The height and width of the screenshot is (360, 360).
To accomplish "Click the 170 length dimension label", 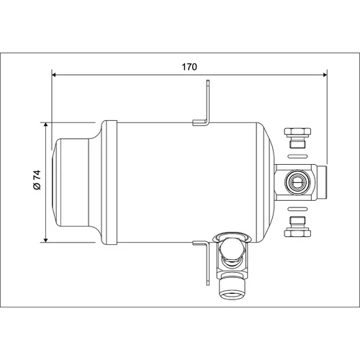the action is click(189, 67).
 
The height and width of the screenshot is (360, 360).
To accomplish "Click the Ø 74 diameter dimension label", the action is click(37, 180).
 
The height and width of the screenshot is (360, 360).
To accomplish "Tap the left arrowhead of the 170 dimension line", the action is click(54, 75).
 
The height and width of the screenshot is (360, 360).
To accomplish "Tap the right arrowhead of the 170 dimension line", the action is click(325, 75).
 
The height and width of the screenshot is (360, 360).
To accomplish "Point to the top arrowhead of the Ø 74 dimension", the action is click(45, 125).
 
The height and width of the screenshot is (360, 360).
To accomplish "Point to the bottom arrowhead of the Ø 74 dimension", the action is click(45, 240).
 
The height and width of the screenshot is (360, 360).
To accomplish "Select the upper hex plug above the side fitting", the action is click(297, 138).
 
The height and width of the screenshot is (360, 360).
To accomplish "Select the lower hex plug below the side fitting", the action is click(297, 226).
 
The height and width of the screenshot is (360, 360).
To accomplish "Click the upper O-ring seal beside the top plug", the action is click(297, 156).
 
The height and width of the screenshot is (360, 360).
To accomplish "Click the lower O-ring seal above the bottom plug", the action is click(297, 208).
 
